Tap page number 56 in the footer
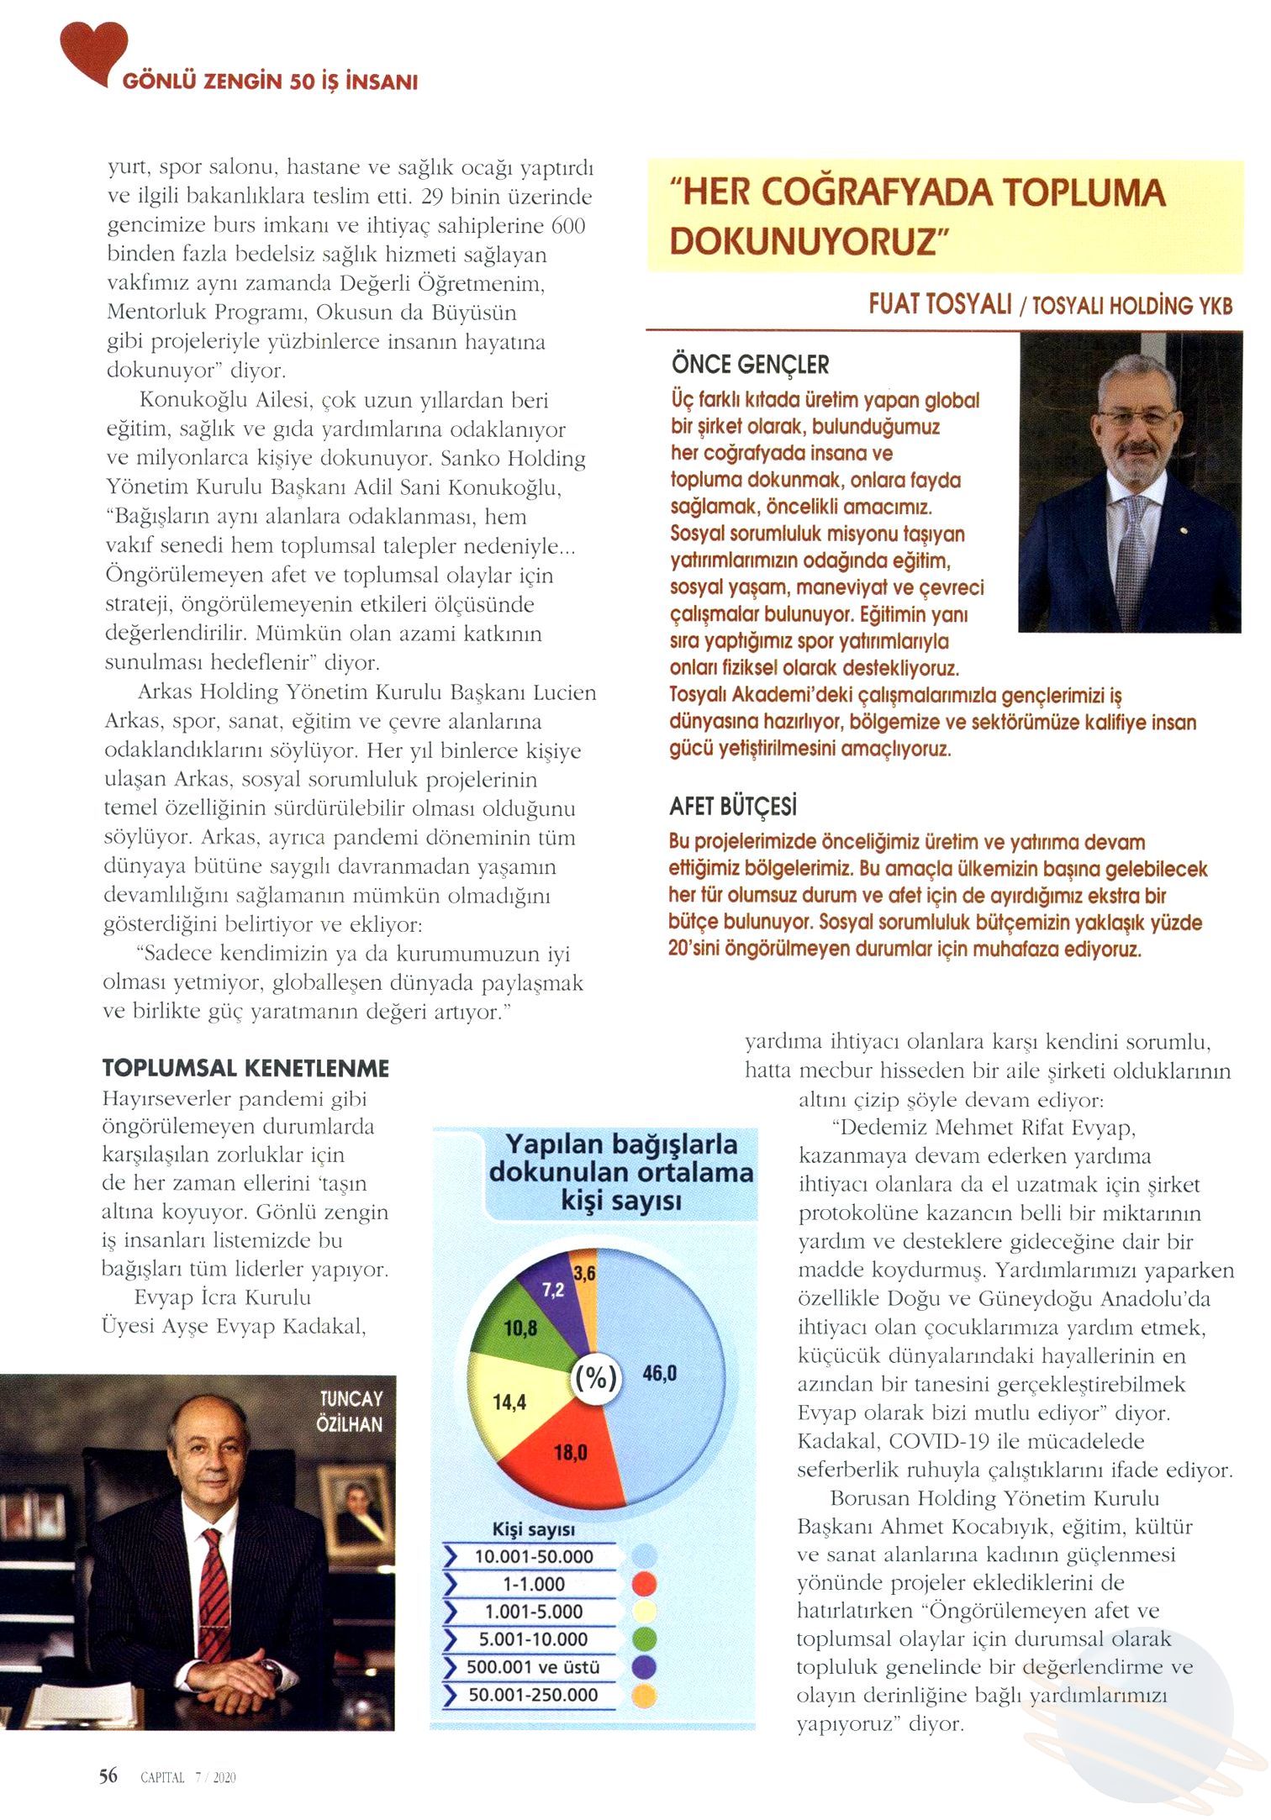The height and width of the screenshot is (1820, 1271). coord(108,1775)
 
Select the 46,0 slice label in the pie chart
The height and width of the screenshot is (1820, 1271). coord(659,1373)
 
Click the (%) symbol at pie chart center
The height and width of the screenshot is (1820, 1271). coord(595,1379)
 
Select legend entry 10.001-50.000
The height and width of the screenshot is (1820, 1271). coord(534,1556)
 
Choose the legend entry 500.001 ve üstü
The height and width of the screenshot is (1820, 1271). coord(534,1667)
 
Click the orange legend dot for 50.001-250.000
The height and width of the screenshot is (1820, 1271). coord(642,1695)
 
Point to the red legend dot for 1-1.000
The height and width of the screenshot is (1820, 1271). coord(642,1584)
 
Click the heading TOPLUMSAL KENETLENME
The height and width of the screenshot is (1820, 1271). coord(245,1068)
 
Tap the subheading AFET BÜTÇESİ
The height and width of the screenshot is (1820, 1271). coord(733,807)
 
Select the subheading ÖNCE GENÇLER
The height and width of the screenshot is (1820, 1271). coord(750,365)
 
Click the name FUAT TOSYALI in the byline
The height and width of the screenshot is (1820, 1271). coord(940,304)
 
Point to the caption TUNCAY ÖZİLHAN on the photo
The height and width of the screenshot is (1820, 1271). coord(351,1412)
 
